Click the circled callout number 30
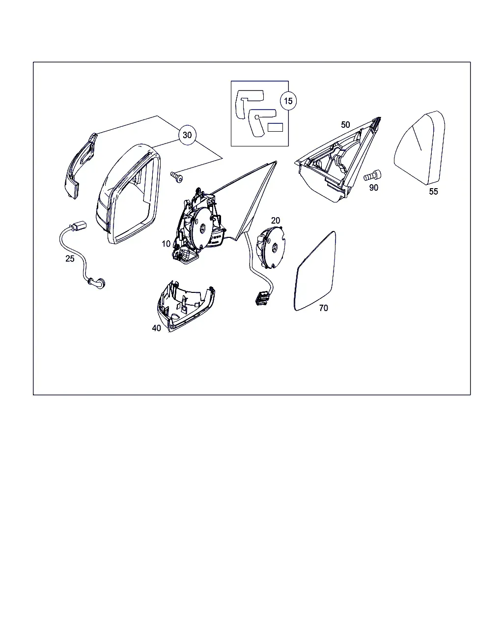[x=187, y=135]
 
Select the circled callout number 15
[x=288, y=101]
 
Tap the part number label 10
[x=166, y=243]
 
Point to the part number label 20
[x=275, y=220]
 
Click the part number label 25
[x=70, y=258]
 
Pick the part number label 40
[x=156, y=328]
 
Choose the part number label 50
[x=345, y=125]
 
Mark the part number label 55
[x=433, y=192]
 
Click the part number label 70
[x=324, y=308]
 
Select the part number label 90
[x=373, y=188]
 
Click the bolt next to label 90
[x=372, y=175]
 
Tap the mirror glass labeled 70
[x=315, y=271]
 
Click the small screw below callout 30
[x=176, y=177]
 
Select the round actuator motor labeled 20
[x=270, y=247]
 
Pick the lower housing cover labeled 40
[x=185, y=307]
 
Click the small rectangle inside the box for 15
[x=275, y=127]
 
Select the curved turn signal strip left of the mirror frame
[x=81, y=166]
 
